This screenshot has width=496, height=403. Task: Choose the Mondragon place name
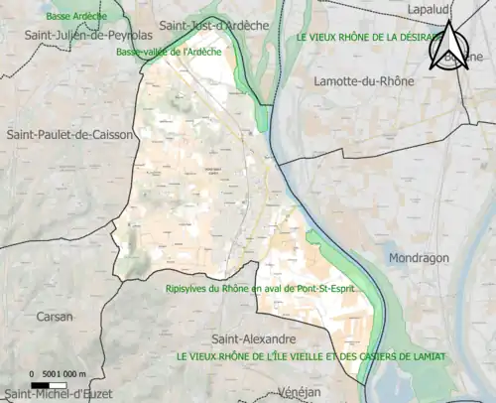[420, 257]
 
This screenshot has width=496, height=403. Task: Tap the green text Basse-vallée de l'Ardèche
[169, 52]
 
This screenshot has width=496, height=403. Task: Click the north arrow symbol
[449, 48]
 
